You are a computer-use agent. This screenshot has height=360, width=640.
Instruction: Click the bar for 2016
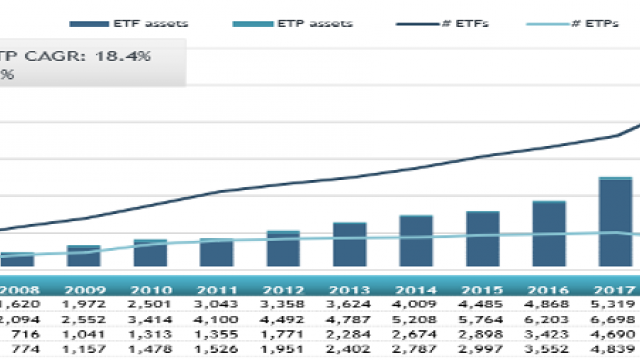pyautogui.click(x=549, y=234)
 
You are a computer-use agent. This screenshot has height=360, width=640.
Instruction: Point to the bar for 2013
pyautogui.click(x=349, y=245)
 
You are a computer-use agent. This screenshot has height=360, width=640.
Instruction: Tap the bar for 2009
pyautogui.click(x=83, y=256)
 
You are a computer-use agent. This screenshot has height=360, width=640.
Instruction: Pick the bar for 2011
pyautogui.click(x=216, y=253)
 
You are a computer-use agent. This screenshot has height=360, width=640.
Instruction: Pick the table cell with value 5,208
pyautogui.click(x=416, y=317)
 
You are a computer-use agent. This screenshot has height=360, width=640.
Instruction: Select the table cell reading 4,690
pyautogui.click(x=615, y=335)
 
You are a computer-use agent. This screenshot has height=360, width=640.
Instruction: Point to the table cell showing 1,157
pyautogui.click(x=83, y=352)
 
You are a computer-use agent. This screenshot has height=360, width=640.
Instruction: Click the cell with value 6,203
pyautogui.click(x=549, y=317)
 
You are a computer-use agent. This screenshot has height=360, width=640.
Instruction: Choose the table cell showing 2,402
pyautogui.click(x=349, y=352)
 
